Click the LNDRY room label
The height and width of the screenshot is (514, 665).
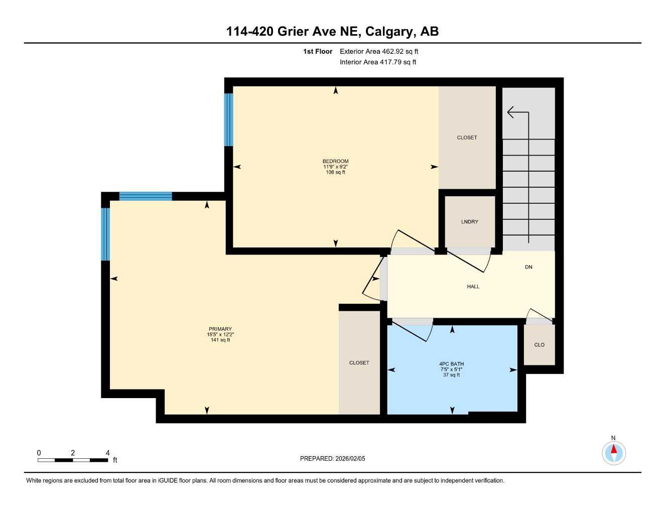pos(469,222)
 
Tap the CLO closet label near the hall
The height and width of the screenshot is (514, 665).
pos(539,345)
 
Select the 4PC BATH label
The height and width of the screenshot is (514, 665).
pos(451,364)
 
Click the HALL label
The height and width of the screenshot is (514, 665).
pos(473,287)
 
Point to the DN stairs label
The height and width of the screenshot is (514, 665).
pos(528,267)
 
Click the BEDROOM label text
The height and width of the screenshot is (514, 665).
pos(335,161)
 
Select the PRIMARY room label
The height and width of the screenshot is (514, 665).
pos(220,329)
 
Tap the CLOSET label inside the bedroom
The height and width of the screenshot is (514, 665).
pos(467,138)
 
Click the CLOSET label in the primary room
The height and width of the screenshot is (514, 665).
pos(359,362)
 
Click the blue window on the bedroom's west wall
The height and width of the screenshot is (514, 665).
pos(228,119)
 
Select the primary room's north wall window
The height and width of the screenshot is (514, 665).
pos(146,196)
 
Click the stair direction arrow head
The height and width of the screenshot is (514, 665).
pos(511,112)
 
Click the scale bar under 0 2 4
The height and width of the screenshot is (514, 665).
pos(73,460)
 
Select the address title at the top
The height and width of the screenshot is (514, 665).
pos(332,31)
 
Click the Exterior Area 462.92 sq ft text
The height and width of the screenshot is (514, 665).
pos(379,51)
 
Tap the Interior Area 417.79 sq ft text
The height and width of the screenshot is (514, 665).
pos(378,62)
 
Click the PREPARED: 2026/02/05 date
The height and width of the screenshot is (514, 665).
pos(332,458)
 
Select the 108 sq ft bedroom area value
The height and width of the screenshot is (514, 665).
pos(335,172)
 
